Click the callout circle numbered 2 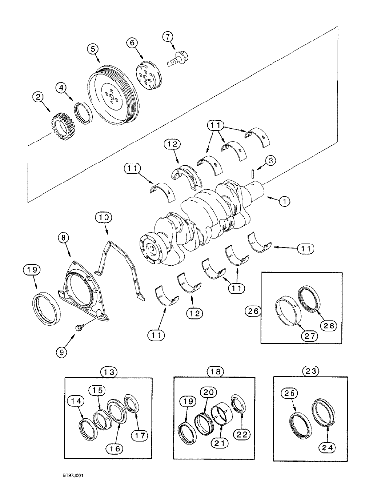36,97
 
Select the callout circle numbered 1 285,200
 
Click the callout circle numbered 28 324,325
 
